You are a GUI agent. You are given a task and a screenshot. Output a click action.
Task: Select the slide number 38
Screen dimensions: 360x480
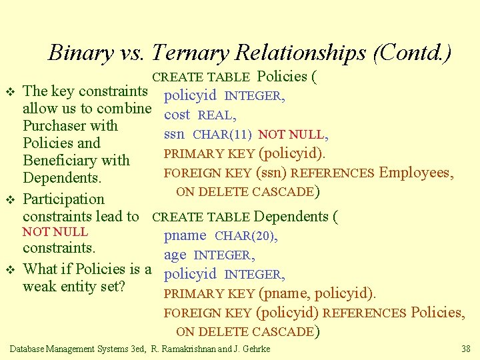[x=465, y=349]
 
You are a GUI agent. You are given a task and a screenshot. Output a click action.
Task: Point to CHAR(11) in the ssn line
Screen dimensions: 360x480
[x=222, y=135]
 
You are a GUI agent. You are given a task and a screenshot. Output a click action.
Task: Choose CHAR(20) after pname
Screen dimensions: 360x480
[x=246, y=236]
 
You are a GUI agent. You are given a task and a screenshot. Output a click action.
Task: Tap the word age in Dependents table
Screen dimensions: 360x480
[x=175, y=255]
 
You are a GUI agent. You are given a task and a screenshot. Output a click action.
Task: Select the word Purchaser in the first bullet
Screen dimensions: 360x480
[x=61, y=125]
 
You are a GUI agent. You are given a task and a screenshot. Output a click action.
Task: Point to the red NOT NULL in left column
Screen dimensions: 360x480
[x=55, y=232]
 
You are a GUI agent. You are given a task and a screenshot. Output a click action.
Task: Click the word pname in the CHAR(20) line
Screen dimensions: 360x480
[x=185, y=236]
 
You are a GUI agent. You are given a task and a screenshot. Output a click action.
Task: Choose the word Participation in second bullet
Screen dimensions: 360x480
[x=63, y=199]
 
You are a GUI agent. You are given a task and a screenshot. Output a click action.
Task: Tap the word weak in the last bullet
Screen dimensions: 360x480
[x=38, y=287]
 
